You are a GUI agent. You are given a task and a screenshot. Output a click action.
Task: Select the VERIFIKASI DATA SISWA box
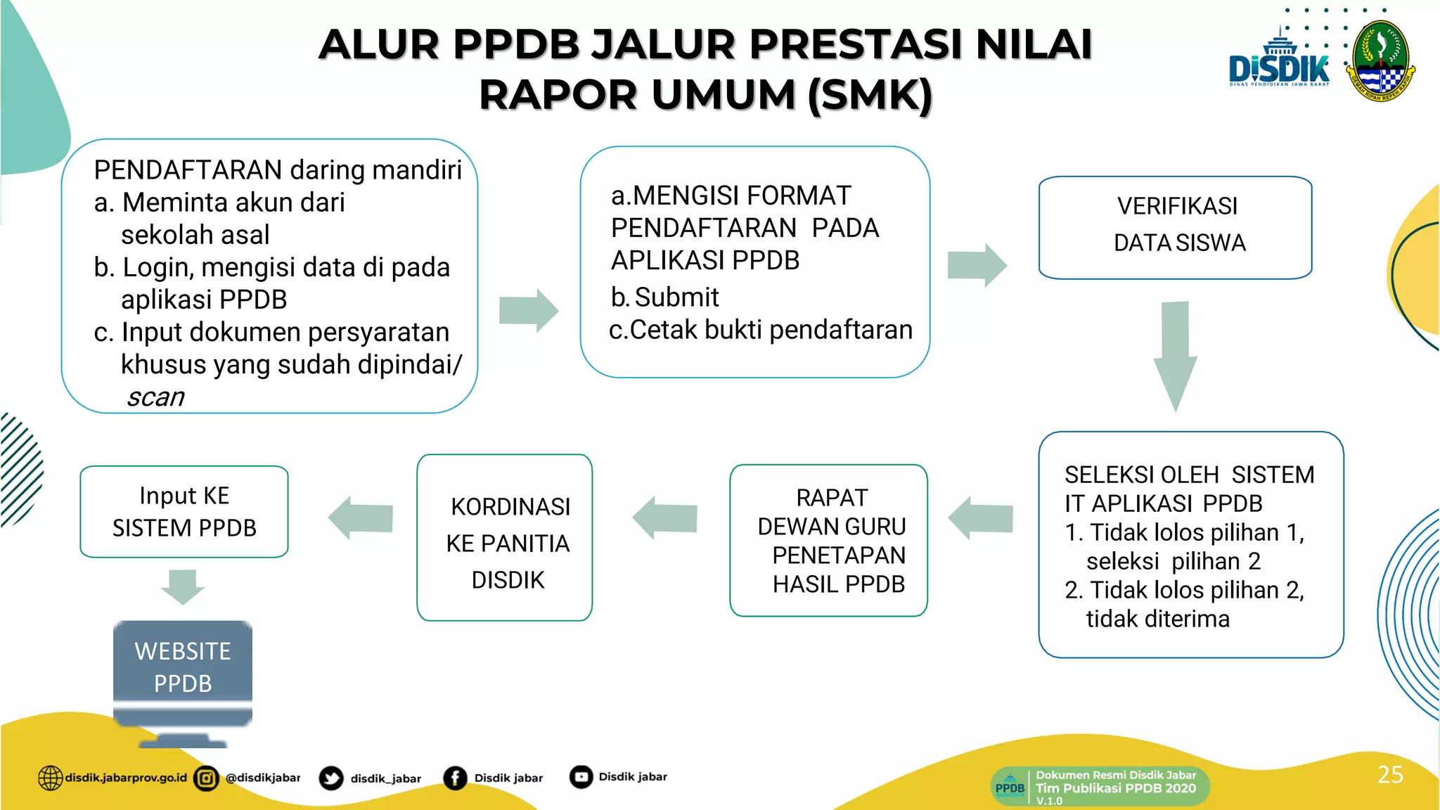point(1175,227)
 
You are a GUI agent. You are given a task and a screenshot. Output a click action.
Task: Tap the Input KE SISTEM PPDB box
point(184,512)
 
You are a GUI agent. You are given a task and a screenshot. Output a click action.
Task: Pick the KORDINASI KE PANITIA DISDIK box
point(505,538)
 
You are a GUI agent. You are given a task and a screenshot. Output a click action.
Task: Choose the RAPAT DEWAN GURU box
point(828,540)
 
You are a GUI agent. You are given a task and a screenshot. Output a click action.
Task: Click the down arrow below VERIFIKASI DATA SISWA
point(1175,355)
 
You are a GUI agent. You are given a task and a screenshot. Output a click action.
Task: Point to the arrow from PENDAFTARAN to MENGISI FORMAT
point(528,310)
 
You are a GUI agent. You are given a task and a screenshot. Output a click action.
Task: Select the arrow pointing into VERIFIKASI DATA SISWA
point(977,265)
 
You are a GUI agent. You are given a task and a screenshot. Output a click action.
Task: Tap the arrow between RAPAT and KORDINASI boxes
point(665,518)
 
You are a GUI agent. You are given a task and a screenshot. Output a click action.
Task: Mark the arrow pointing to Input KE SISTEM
point(361,518)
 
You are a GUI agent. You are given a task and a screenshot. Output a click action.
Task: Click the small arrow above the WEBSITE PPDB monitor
point(183,586)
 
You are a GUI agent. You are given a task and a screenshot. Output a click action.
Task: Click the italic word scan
point(155,397)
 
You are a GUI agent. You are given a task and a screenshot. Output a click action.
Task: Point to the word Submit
point(676,297)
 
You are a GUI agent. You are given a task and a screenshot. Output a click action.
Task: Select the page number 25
point(1390,774)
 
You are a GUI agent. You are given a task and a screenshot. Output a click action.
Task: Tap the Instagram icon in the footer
point(206,778)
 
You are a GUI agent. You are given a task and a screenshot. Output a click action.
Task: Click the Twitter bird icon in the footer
point(330,778)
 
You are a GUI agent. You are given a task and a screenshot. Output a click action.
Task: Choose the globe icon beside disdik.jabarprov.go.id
point(50,778)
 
